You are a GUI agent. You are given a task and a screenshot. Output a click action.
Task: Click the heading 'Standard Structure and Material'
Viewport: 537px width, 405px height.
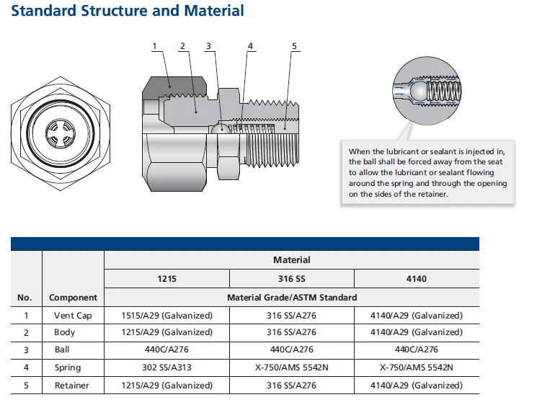(x=128, y=12)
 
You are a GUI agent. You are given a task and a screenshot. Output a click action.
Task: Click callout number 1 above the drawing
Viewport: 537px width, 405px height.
(x=154, y=47)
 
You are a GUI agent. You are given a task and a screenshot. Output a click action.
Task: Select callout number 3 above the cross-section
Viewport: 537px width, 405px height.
(x=208, y=47)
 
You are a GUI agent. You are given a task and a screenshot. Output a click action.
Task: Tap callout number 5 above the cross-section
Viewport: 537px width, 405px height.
(x=294, y=47)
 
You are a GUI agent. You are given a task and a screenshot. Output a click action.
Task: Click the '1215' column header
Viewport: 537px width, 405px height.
(x=167, y=278)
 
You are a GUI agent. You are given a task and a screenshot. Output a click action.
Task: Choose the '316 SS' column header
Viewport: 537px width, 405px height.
(x=291, y=278)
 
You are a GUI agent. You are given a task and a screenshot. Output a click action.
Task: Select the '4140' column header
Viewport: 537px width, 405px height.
(x=416, y=278)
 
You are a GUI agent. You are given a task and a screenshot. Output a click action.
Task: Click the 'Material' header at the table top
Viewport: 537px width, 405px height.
(x=291, y=259)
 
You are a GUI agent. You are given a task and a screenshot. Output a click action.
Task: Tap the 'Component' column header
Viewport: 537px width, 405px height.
(x=73, y=297)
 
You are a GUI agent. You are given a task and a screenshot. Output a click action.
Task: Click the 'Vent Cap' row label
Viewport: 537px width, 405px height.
(x=73, y=315)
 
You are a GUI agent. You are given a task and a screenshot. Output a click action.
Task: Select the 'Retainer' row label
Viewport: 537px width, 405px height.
(x=73, y=386)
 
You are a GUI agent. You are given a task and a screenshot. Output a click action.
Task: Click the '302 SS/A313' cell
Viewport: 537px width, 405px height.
(x=167, y=368)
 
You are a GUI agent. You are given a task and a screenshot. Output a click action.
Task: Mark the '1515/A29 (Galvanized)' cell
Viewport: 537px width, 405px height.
(x=167, y=315)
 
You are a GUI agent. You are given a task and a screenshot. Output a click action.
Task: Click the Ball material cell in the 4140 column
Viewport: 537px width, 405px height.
(x=416, y=350)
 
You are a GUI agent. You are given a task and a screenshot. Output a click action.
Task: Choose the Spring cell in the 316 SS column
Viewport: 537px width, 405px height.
(x=291, y=368)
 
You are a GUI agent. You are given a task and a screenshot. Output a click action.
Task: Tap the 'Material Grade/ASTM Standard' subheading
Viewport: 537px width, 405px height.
(x=291, y=297)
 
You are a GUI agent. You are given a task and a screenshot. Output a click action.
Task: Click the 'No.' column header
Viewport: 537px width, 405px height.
(x=25, y=297)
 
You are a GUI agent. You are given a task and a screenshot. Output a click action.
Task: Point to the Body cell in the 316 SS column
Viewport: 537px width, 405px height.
(x=291, y=332)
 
